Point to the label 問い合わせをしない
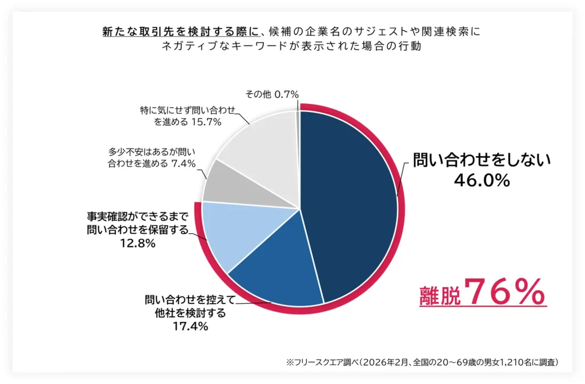click(482, 161)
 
